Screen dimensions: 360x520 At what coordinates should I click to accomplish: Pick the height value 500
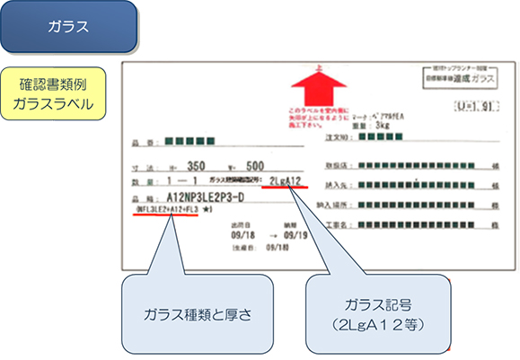point(256,166)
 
